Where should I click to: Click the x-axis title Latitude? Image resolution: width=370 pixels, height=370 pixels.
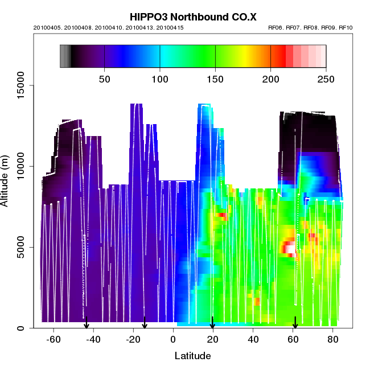coord(192,356)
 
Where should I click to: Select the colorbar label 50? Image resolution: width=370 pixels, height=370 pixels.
coord(105,79)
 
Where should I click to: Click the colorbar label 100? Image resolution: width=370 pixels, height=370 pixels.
coord(160,79)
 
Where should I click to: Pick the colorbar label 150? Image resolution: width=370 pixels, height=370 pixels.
coord(215,79)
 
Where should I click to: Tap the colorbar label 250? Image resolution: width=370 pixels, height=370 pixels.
coord(326,79)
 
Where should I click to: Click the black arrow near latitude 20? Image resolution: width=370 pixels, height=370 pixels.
coord(212,323)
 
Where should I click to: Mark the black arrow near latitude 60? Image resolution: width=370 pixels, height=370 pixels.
coord(295,323)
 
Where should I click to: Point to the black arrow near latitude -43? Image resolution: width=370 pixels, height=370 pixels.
coord(87,323)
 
